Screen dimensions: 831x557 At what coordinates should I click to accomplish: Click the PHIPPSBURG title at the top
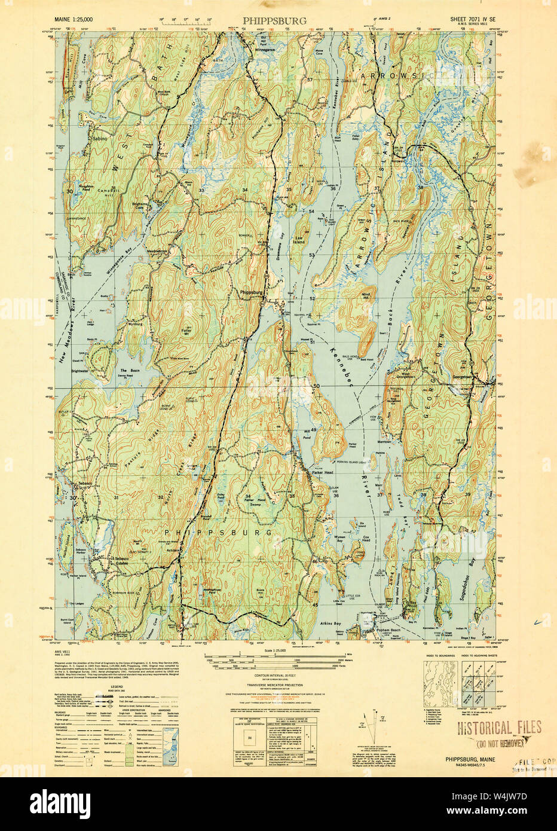coord(274,20)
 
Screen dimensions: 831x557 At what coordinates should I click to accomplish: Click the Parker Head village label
coord(322,473)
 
